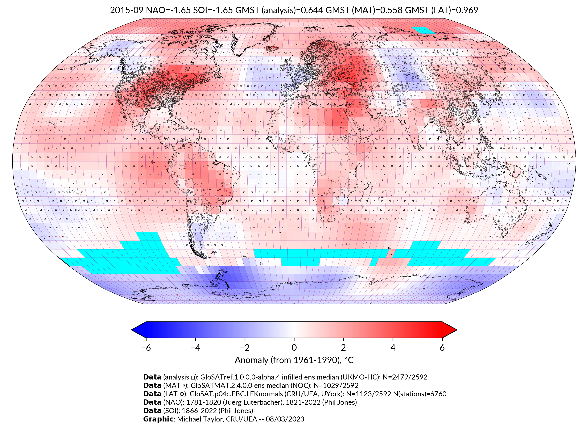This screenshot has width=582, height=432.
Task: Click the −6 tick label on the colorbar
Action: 146,348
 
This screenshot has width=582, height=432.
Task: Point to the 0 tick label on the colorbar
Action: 294,348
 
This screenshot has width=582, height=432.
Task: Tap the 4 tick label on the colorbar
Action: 393,348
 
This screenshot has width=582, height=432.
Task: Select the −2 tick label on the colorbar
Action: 244,348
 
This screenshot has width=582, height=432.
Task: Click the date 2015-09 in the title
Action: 126,10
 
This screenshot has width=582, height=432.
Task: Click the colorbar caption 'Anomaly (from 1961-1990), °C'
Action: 294,360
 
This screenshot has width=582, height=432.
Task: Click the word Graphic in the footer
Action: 158,419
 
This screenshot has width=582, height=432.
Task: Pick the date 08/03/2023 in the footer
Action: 285,419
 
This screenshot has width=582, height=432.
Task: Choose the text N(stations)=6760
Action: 420,394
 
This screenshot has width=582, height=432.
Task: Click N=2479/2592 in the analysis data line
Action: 405,377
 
